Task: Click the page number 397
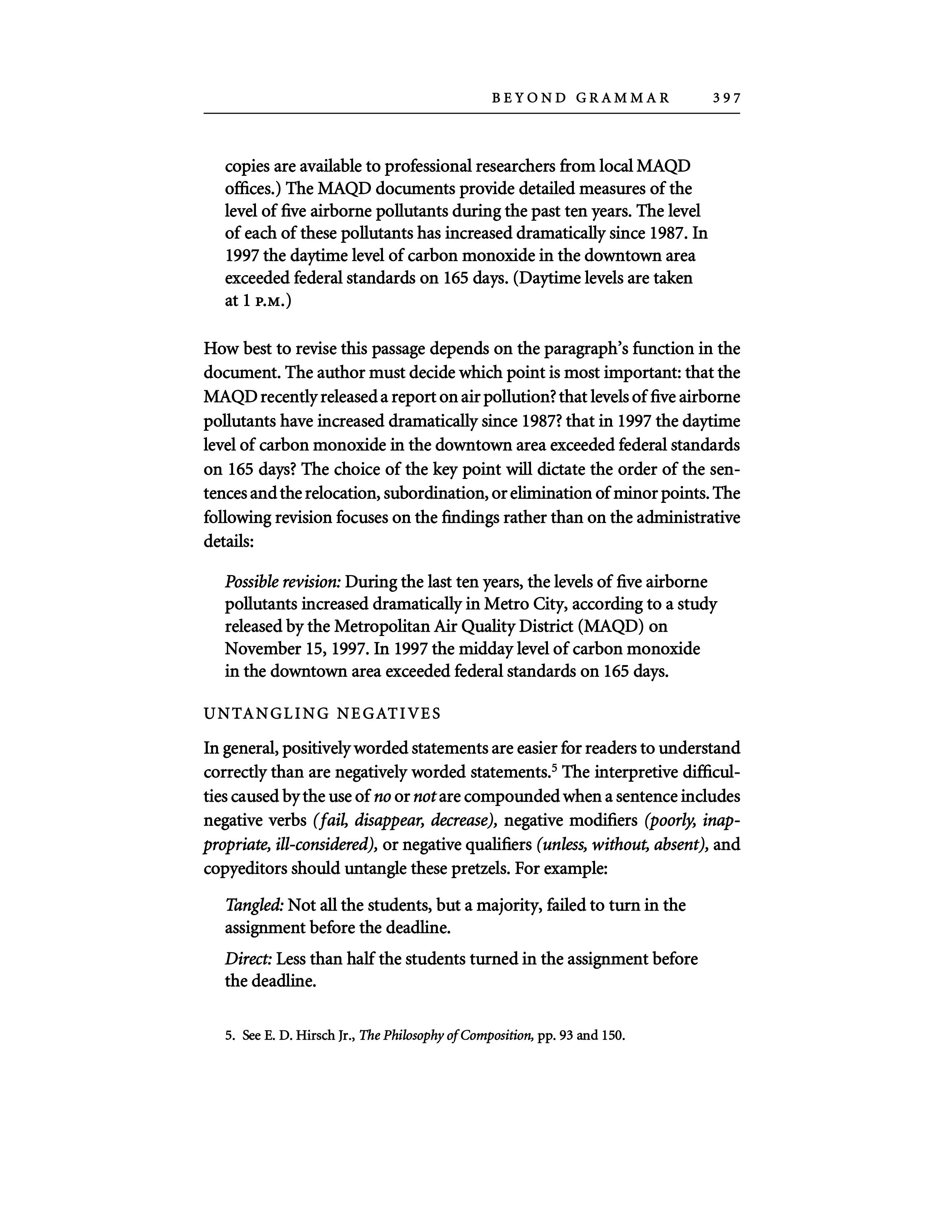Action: point(726,98)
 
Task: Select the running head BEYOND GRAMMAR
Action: point(581,98)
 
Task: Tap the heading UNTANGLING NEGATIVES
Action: point(322,714)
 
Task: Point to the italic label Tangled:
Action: point(254,905)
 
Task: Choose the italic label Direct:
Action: point(248,959)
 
